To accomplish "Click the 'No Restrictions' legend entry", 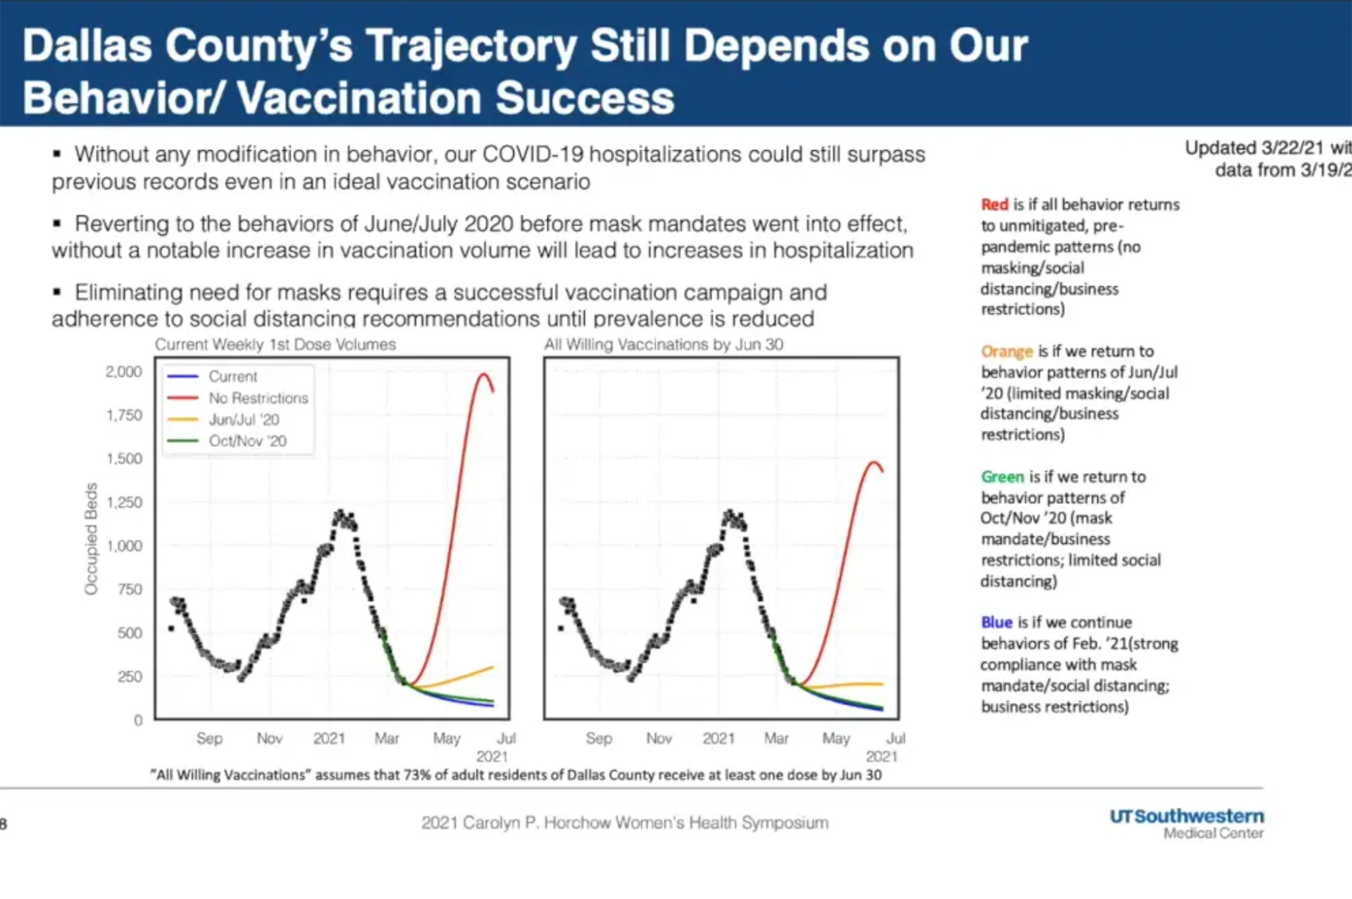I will [x=258, y=398].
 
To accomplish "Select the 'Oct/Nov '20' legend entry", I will [x=247, y=441].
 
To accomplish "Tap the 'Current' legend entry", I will [x=232, y=376].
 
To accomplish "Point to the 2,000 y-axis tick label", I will [x=124, y=372].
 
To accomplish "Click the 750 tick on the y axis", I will [x=130, y=589].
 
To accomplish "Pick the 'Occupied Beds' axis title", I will [x=91, y=538].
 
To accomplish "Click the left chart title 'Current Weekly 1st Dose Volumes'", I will [x=275, y=345].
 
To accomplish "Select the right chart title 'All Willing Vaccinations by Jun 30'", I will [x=663, y=345].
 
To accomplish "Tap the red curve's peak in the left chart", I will [x=484, y=373].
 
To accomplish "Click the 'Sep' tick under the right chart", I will [x=599, y=738].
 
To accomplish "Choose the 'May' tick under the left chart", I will [x=446, y=738].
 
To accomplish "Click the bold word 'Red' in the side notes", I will [x=994, y=205].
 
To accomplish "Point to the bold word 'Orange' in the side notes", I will [x=1006, y=351].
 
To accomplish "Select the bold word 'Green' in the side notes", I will [x=1002, y=477].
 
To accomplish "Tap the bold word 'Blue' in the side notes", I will [x=996, y=622].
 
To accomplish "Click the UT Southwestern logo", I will [x=1186, y=823].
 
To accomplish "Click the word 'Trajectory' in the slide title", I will [x=471, y=46].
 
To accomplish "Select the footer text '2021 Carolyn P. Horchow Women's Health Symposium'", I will [x=625, y=823].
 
